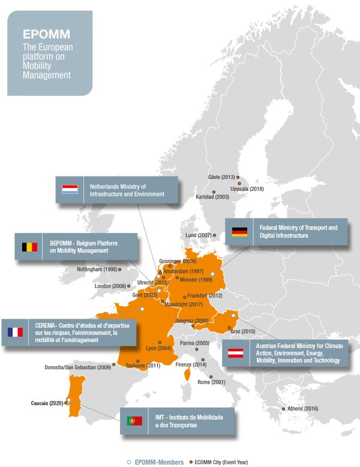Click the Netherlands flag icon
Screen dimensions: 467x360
[x=70, y=190]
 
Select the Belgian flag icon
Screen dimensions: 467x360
[x=29, y=246]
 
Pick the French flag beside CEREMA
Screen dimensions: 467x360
[x=15, y=332]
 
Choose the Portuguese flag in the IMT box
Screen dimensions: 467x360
[x=134, y=421]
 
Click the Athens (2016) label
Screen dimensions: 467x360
[x=304, y=409]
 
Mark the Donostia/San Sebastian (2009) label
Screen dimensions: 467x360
[x=78, y=366]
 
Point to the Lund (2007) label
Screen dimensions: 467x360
[x=198, y=235]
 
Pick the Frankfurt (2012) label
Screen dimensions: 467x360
[x=205, y=296]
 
